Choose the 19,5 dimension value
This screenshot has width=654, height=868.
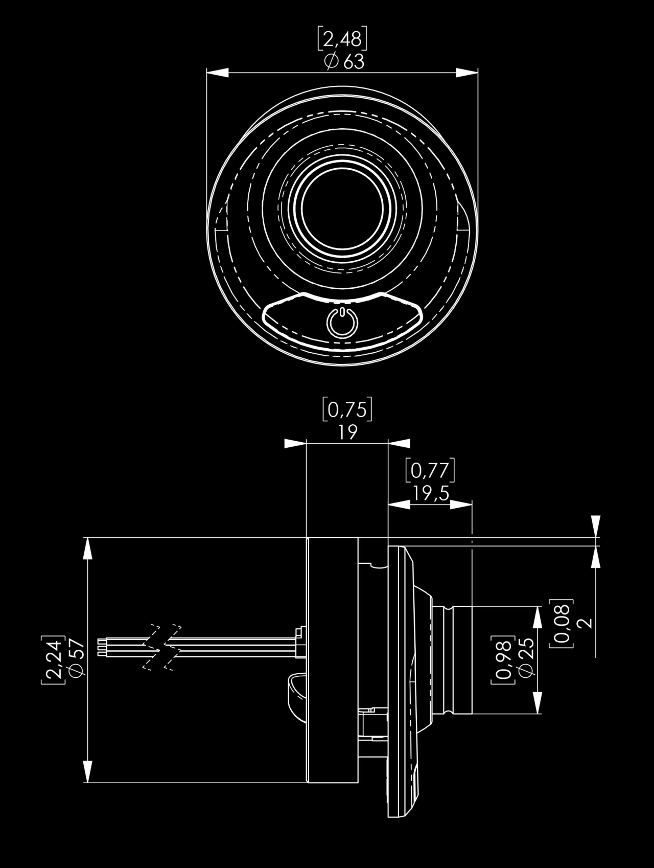pos(431,493)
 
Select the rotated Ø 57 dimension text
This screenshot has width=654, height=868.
pos(75,660)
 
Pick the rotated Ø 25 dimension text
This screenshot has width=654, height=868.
pos(526,659)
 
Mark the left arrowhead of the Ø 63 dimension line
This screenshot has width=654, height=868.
pos(217,73)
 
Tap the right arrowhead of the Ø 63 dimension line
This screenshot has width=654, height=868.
pos(467,73)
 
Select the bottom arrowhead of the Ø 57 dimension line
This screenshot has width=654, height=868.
pos(88,771)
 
